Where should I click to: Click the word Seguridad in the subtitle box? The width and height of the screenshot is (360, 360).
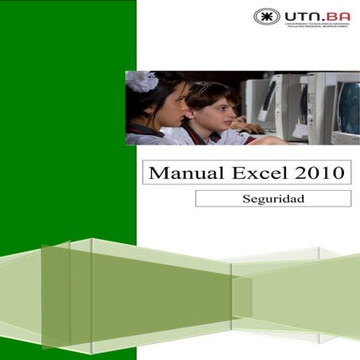[273, 199]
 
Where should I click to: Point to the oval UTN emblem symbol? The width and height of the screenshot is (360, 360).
[267, 17]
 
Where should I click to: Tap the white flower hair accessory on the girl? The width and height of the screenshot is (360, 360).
[141, 82]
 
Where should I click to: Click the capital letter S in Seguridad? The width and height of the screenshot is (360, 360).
[246, 199]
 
